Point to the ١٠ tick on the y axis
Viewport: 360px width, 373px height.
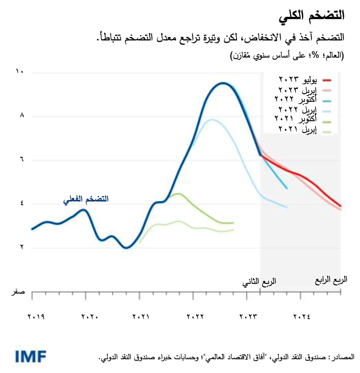tap(19, 72)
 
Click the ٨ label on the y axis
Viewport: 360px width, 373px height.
tap(21, 116)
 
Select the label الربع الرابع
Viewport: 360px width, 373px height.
tap(331, 279)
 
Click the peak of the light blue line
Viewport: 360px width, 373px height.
tap(211, 119)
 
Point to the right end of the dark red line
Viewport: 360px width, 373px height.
tap(341, 206)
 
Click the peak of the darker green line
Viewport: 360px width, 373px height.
tap(179, 194)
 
